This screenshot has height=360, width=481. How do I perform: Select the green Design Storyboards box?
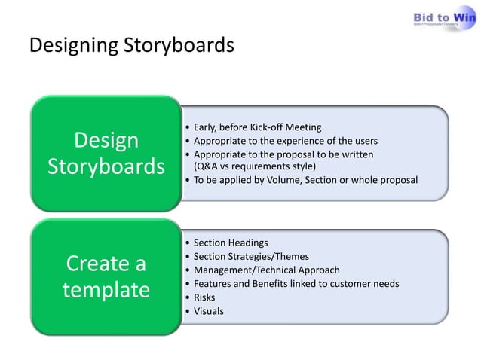click(x=105, y=153)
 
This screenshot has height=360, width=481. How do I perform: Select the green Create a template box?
click(x=105, y=276)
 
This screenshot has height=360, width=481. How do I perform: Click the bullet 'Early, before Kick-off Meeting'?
click(x=257, y=127)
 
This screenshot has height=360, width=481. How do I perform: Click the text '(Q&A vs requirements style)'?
click(x=255, y=166)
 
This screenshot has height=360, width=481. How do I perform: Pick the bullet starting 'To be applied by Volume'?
click(x=305, y=180)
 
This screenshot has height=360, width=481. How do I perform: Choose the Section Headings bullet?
click(x=230, y=243)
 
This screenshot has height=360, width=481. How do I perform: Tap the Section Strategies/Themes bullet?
click(x=251, y=256)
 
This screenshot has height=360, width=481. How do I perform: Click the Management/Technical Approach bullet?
click(x=266, y=270)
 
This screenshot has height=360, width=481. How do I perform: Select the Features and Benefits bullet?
click(x=296, y=283)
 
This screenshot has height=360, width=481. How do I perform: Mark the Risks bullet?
click(x=206, y=297)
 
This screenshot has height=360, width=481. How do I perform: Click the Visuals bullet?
click(x=208, y=310)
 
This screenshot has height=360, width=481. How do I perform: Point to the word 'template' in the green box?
click(x=106, y=290)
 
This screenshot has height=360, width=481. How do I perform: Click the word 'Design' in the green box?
click(x=106, y=140)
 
